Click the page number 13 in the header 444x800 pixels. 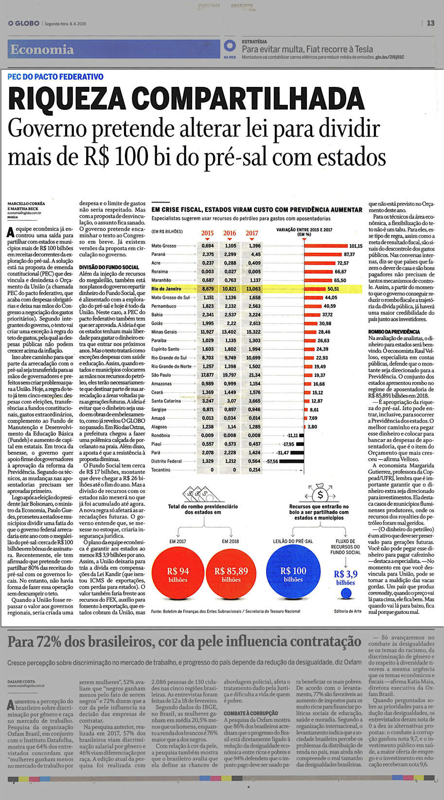[x=431, y=23]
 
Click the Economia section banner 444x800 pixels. [x=42, y=50]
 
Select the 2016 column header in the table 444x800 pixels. [x=230, y=233]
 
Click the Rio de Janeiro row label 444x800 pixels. [x=166, y=289]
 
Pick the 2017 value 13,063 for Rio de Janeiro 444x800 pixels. [x=252, y=289]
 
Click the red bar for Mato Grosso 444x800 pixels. [x=326, y=246]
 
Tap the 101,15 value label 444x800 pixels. [x=356, y=246]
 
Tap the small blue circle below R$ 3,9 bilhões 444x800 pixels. [x=346, y=594]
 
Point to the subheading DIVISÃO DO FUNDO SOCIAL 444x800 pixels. [x=109, y=267]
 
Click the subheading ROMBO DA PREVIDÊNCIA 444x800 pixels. [x=394, y=331]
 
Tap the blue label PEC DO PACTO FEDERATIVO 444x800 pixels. [x=56, y=77]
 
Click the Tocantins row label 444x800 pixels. [x=161, y=470]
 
